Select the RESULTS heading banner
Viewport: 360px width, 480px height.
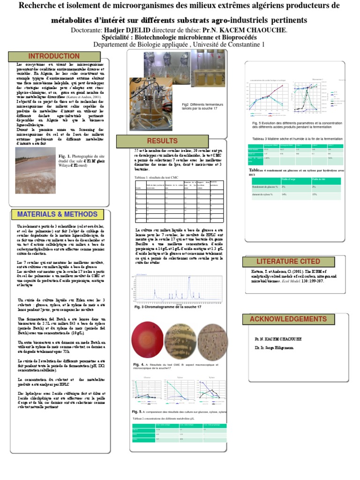click(x=162, y=141)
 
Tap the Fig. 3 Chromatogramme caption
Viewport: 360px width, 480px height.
click(x=168, y=307)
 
